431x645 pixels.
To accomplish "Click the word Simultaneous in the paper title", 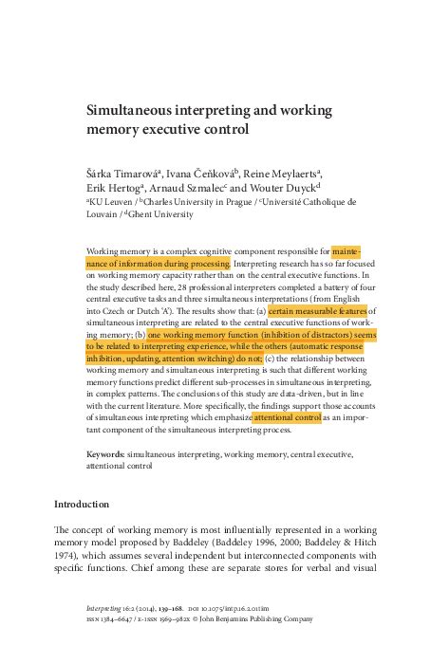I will tap(131, 110).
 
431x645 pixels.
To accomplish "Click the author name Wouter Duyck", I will tap(295, 187).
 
